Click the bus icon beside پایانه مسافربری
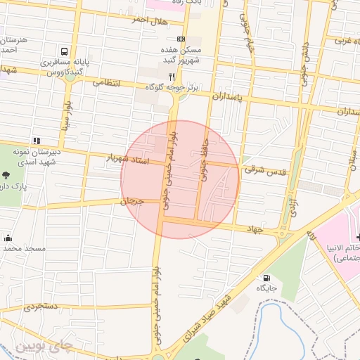click(x=65, y=51)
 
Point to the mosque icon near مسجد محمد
click(x=8, y=237)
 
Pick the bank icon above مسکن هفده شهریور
click(x=181, y=39)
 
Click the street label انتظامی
click(x=106, y=82)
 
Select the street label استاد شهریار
click(x=129, y=159)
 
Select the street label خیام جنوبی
click(x=248, y=32)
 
